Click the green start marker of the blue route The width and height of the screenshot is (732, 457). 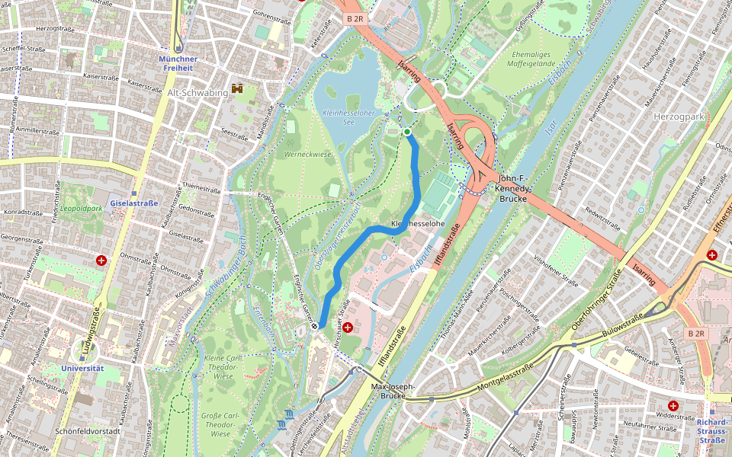[407, 132]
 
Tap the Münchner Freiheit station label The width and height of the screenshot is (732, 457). [178, 63]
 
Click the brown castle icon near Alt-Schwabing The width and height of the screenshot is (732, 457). [237, 89]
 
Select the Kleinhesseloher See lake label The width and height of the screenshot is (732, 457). [349, 117]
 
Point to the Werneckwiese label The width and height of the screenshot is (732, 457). [307, 154]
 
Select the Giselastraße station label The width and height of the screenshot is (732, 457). [133, 203]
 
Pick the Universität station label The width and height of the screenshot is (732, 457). [82, 368]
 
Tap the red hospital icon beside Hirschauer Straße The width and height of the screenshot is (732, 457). [348, 328]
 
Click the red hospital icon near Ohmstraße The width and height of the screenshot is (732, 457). [101, 260]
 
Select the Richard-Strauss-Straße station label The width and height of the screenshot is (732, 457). [713, 430]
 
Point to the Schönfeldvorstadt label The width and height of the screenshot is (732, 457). [88, 430]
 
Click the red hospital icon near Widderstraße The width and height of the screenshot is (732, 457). [673, 406]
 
